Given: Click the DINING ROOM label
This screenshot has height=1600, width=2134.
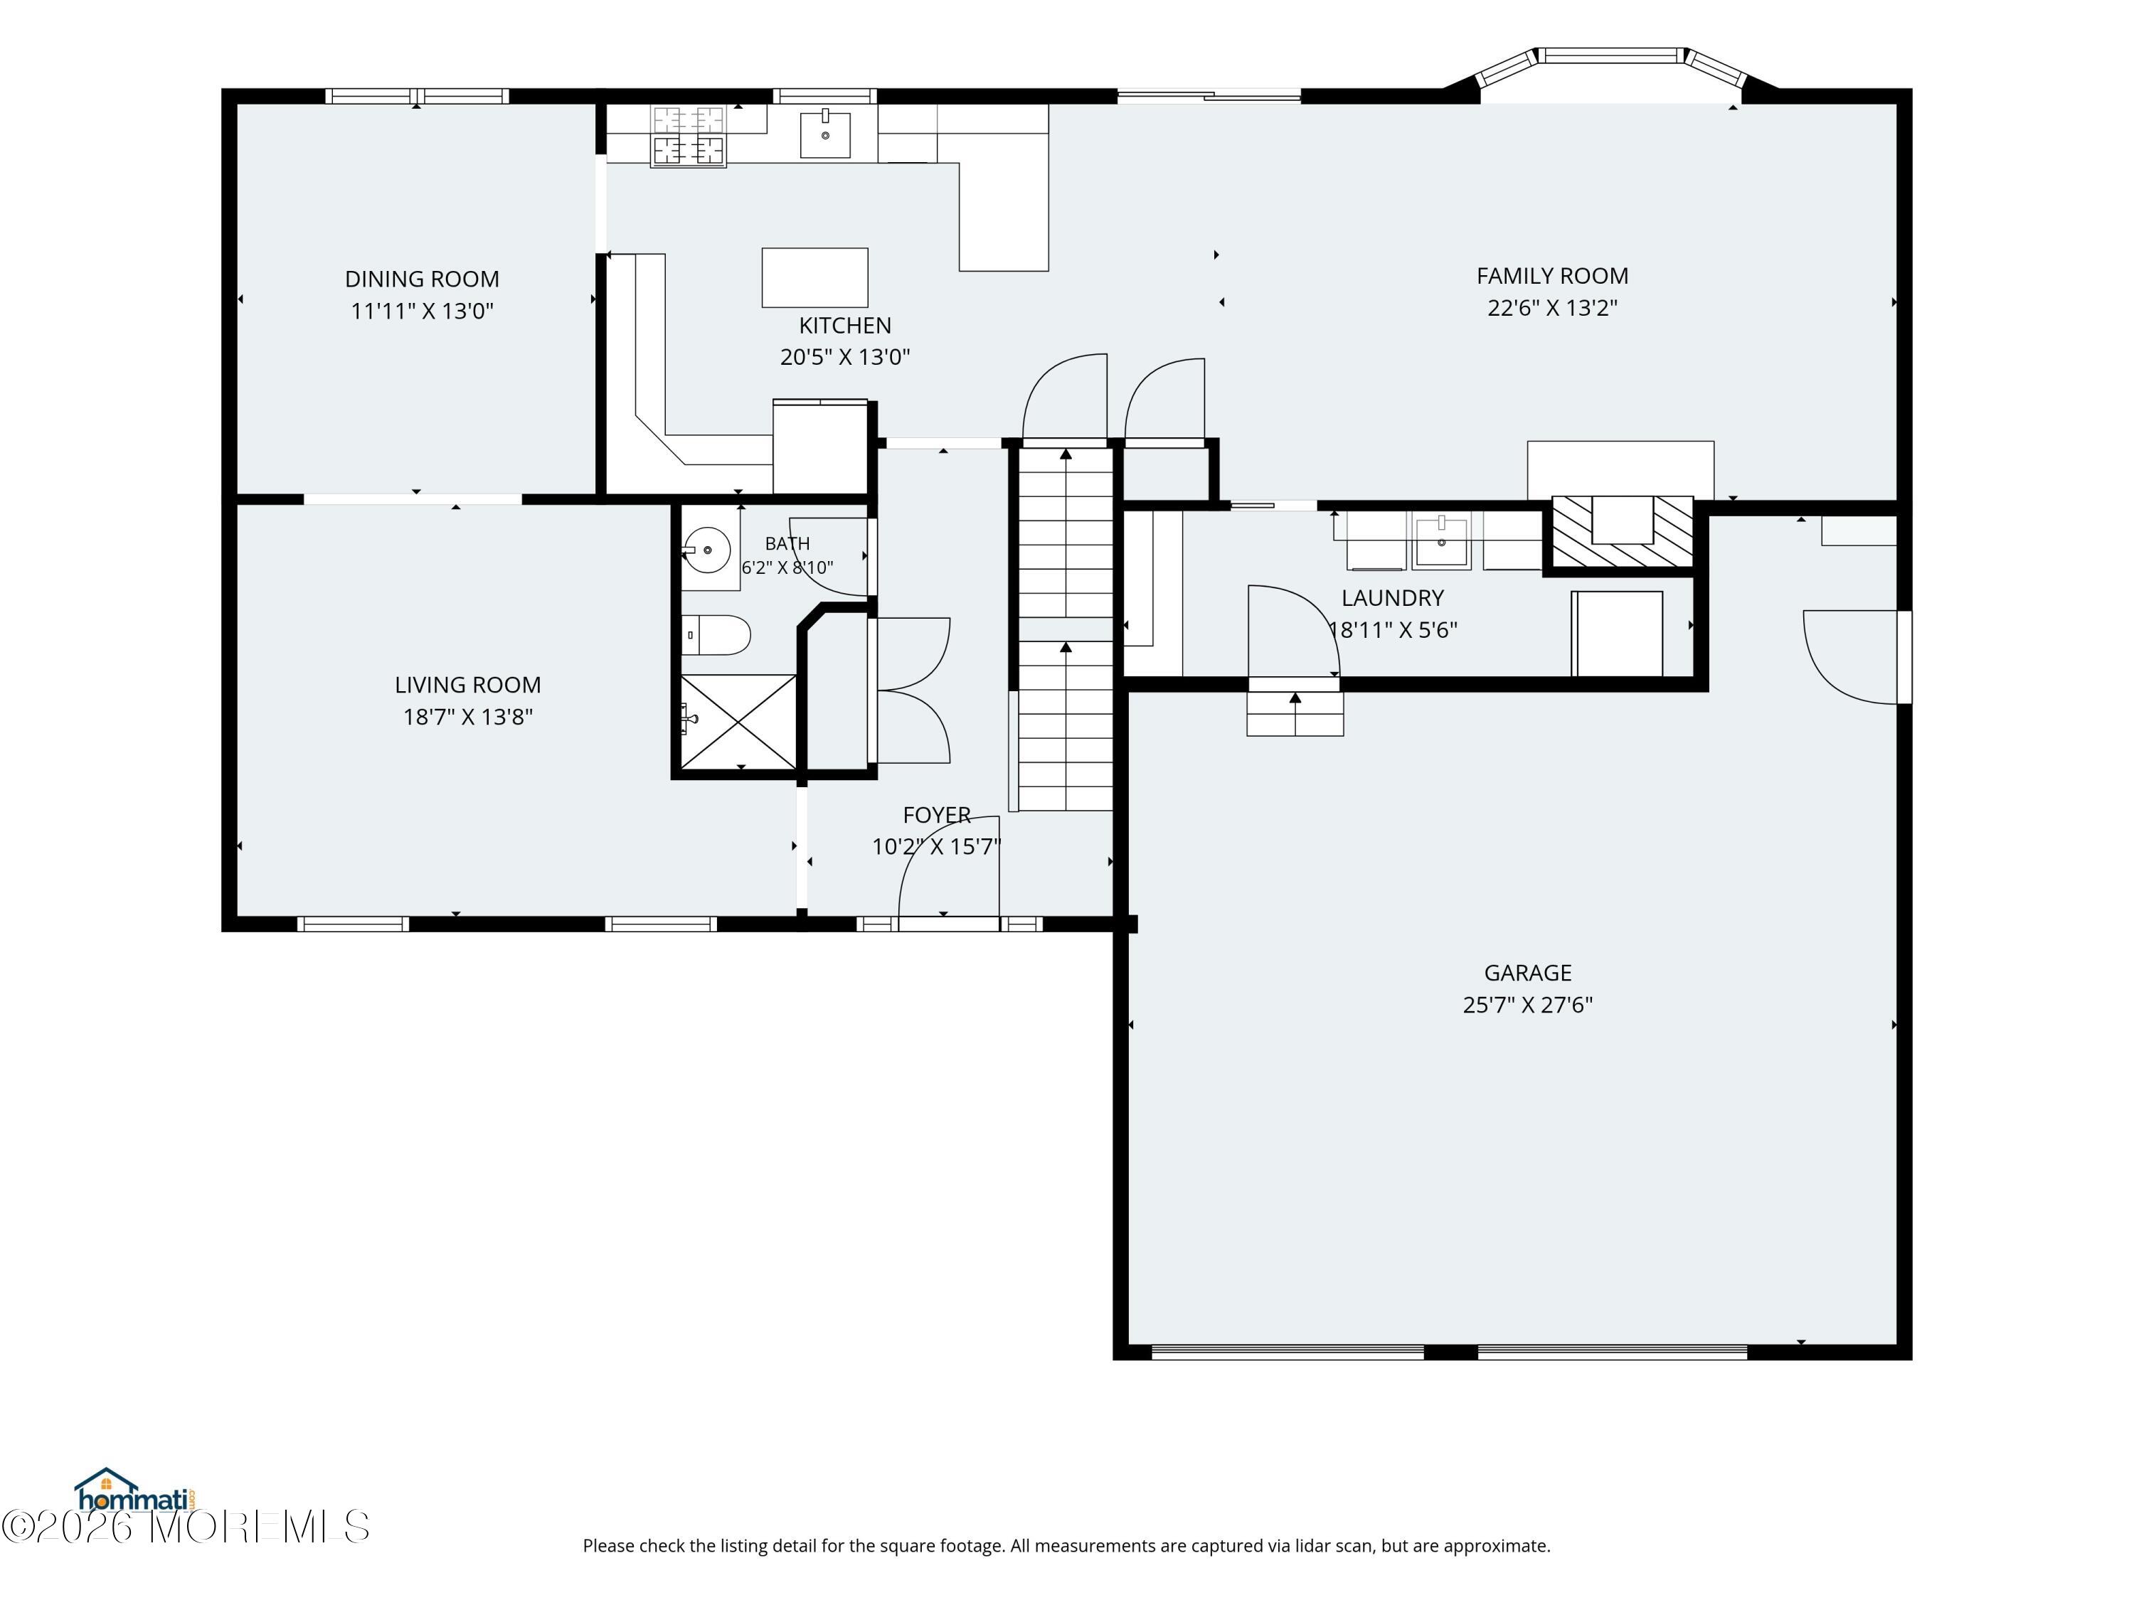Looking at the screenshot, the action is pyautogui.click(x=423, y=279).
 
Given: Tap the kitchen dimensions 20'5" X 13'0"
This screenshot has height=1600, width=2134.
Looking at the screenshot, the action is pyautogui.click(x=845, y=357).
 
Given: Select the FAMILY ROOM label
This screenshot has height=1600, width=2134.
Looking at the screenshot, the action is pyautogui.click(x=1552, y=276).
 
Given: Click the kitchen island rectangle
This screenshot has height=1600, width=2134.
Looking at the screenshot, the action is pyautogui.click(x=815, y=278).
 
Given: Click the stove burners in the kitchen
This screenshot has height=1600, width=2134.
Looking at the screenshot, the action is pyautogui.click(x=688, y=136).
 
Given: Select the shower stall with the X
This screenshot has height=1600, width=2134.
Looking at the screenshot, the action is pyautogui.click(x=739, y=721).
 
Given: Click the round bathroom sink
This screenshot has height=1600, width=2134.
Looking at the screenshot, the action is pyautogui.click(x=707, y=550).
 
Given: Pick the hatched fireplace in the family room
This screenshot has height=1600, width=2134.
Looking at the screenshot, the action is pyautogui.click(x=1622, y=531).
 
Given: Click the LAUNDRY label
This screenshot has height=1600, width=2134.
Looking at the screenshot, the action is pyautogui.click(x=1392, y=598).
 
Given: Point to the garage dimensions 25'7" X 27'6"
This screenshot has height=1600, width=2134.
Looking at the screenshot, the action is pyautogui.click(x=1527, y=1005).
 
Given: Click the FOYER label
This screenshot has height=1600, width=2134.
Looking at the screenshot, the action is pyautogui.click(x=937, y=815).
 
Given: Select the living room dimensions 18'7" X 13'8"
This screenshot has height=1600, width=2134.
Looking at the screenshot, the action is pyautogui.click(x=468, y=717).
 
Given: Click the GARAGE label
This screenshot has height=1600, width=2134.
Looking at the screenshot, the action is pyautogui.click(x=1527, y=973).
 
